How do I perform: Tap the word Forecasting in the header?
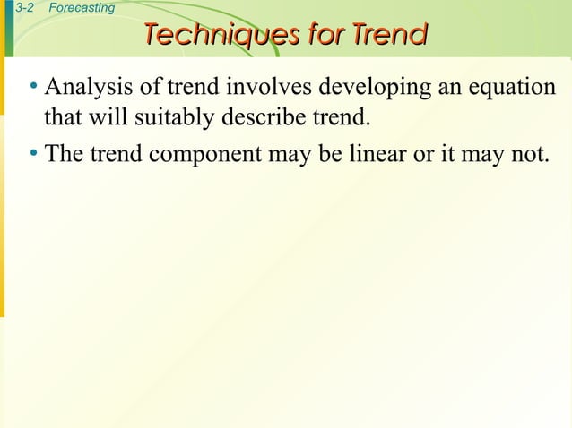click(x=82, y=8)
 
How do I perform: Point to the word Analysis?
click(x=88, y=88)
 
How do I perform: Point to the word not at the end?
click(x=527, y=153)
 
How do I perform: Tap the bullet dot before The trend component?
click(x=32, y=153)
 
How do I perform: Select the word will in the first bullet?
click(x=102, y=117)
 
